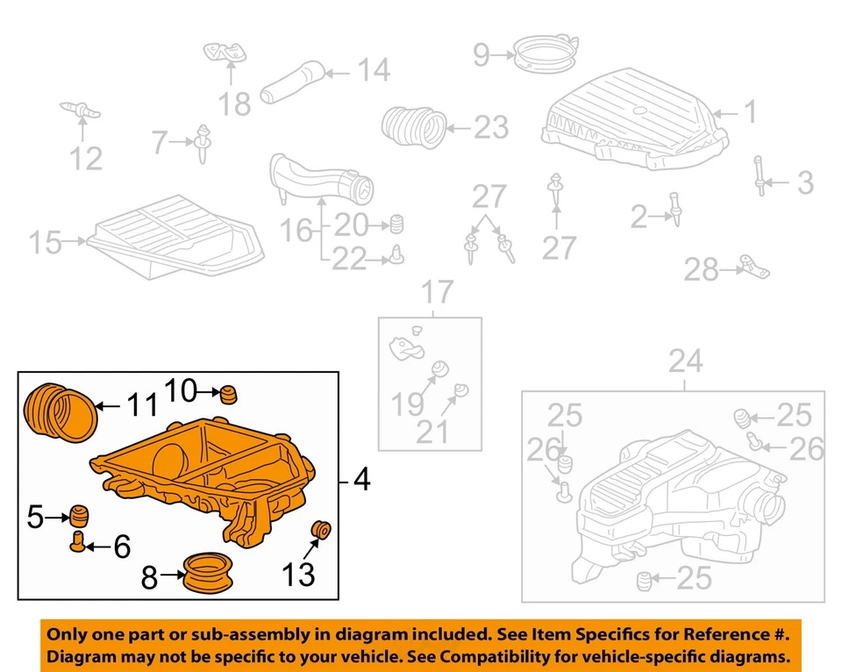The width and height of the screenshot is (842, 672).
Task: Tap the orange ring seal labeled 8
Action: point(209,575)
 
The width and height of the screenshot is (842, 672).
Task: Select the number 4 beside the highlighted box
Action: point(361,481)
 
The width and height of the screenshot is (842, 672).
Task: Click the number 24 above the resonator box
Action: point(686,361)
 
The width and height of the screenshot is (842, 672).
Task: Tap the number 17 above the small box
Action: point(439,291)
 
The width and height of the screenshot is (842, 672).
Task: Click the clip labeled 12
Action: point(82,111)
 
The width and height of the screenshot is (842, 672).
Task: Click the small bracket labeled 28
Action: point(753,265)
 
